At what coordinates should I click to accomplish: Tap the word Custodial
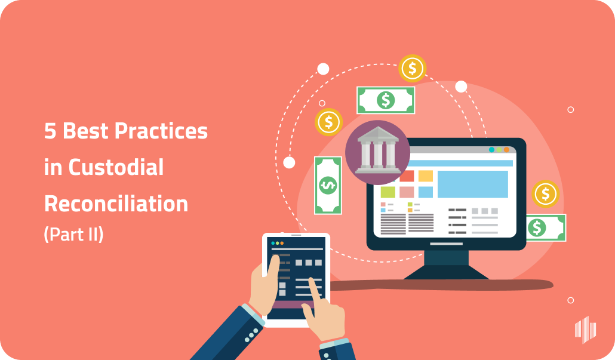tap(116, 167)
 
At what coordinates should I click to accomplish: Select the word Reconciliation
tap(116, 204)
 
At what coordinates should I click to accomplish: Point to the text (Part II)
tap(73, 235)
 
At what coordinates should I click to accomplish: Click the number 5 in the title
tap(50, 131)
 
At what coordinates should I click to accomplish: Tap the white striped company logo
tap(585, 330)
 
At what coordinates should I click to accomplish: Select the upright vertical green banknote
tap(328, 186)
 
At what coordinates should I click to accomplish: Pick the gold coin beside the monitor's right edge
tap(545, 194)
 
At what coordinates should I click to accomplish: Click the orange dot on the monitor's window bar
tap(506, 150)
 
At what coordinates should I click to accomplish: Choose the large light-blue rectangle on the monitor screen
tap(472, 184)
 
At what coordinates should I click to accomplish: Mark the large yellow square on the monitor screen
tap(425, 176)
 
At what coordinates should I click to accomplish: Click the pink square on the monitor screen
tap(406, 192)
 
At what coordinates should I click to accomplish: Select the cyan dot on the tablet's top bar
tap(272, 244)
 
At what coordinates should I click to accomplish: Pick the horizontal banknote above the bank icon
tap(386, 100)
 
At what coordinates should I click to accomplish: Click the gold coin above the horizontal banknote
tap(412, 69)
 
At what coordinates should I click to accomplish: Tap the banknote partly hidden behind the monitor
tap(545, 227)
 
